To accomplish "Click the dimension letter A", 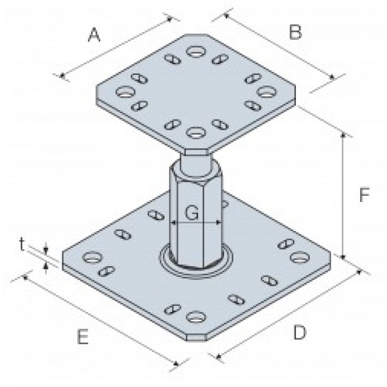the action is coord(94,35).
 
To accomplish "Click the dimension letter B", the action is coord(295,32).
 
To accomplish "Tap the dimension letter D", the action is coord(299,332).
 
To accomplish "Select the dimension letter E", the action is coord(83,337).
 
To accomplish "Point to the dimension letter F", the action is coord(364,195).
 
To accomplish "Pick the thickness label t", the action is coord(22,244).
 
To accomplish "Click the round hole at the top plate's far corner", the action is coord(196,52).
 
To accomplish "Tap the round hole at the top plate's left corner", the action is coord(126,92).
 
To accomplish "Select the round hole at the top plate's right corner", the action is coord(267,92).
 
